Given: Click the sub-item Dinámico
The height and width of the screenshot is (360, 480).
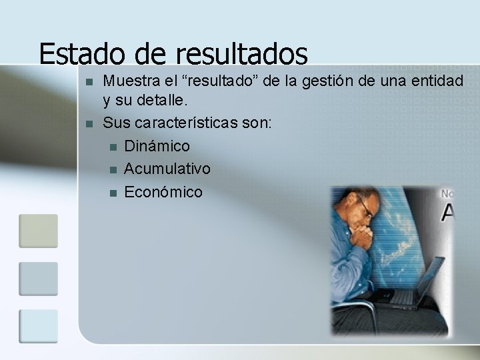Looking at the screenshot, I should [x=157, y=146].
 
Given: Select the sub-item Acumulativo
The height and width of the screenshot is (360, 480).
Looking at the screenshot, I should [x=167, y=169].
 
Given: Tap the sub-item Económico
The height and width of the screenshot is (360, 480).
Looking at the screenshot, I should [x=163, y=192].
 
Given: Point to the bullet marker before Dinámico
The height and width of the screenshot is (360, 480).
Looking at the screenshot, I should [x=112, y=147].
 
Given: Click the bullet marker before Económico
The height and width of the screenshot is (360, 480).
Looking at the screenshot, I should [x=112, y=193].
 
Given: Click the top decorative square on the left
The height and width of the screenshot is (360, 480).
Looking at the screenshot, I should [x=38, y=231].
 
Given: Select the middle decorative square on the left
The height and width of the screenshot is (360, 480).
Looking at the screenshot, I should [x=38, y=279].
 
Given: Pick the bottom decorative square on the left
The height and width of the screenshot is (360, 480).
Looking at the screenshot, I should [x=38, y=327].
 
